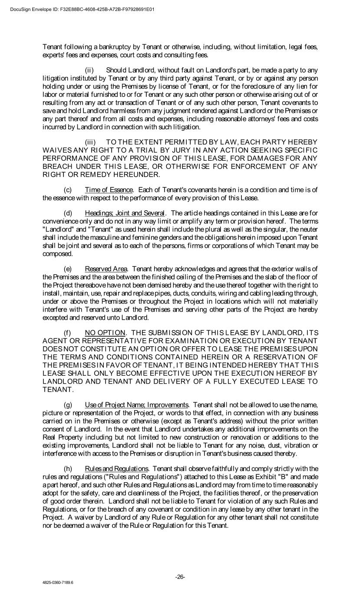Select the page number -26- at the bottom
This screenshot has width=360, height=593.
180,577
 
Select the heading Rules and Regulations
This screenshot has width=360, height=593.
116,468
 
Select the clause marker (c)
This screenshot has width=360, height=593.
68,190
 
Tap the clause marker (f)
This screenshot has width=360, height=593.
67,333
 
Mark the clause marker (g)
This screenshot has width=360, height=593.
68,404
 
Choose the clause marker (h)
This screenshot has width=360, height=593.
68,468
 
